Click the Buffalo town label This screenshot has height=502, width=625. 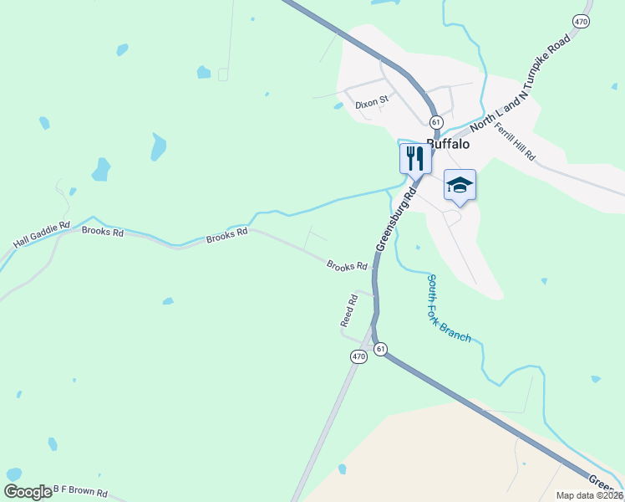[x=448, y=144]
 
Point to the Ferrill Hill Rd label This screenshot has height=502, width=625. [x=515, y=141]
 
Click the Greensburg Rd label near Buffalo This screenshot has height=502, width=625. [x=396, y=219]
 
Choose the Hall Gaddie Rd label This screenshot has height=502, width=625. [x=42, y=236]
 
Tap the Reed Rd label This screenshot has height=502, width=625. [x=349, y=310]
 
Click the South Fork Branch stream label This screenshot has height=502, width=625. [x=448, y=308]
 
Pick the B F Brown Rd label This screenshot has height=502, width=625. [x=80, y=492]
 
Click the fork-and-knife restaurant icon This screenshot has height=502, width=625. [x=415, y=157]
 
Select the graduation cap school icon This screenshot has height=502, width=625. [x=459, y=184]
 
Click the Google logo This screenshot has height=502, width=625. [x=28, y=492]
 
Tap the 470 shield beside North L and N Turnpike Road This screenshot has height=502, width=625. [x=581, y=20]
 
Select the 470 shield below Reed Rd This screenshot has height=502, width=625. [x=358, y=356]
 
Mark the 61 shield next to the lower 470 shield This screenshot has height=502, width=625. [x=381, y=349]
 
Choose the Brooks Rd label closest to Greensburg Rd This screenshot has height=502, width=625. [x=347, y=266]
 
